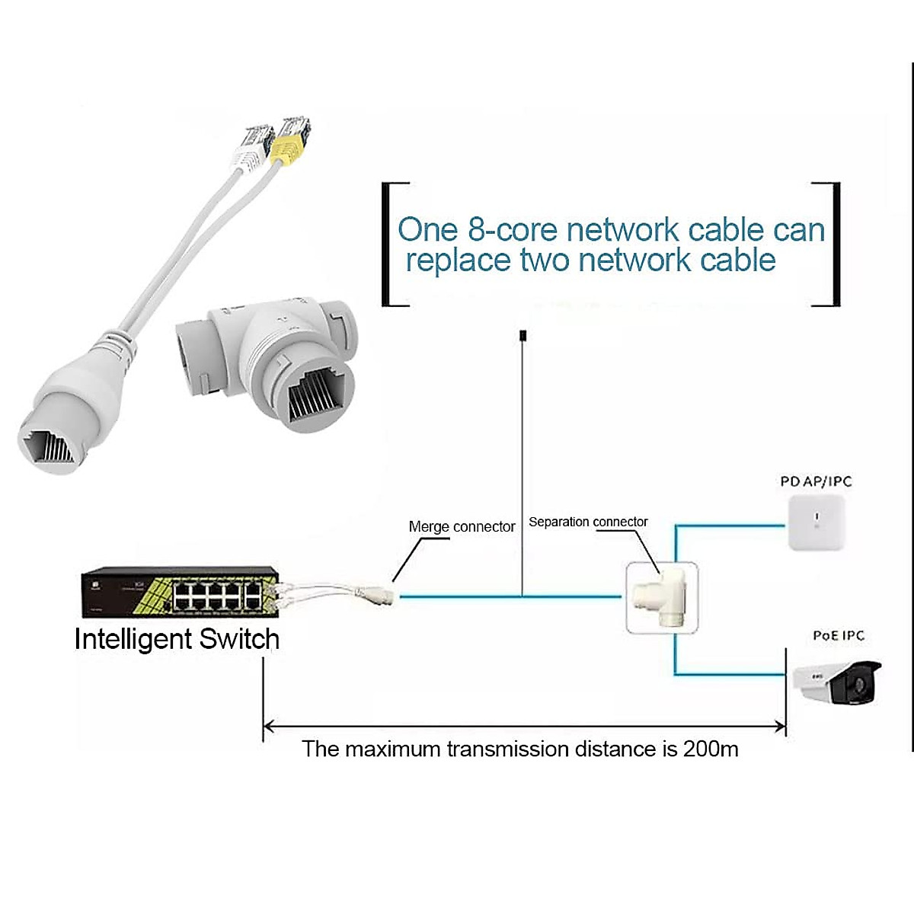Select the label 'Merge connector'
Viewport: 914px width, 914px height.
coord(462,526)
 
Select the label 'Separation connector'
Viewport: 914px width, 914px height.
coord(588,522)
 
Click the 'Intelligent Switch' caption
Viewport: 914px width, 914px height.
coord(177,639)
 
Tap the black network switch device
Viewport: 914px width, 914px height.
coord(181,592)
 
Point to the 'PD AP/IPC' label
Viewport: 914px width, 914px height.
coord(817,481)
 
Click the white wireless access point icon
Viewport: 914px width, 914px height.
coord(817,523)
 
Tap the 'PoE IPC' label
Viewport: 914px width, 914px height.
coord(839,635)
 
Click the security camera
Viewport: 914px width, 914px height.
coord(837,682)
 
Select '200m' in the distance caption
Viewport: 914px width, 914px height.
coord(711,749)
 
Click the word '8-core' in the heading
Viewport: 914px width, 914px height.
coord(513,229)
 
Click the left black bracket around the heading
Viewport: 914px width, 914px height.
coord(395,244)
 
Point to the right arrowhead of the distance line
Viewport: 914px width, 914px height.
coord(780,726)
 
